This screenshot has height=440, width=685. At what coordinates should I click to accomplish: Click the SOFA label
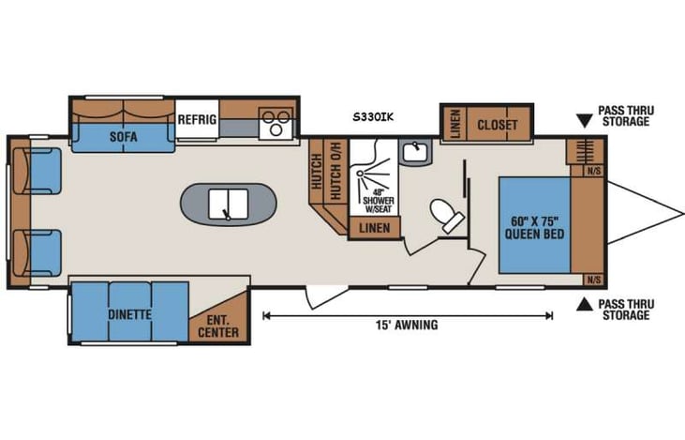[123, 137]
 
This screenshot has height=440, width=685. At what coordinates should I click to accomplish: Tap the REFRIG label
[198, 120]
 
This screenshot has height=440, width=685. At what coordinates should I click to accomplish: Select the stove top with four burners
[276, 123]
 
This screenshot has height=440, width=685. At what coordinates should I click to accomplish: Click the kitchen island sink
[227, 203]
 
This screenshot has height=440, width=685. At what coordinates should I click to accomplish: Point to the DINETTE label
[129, 314]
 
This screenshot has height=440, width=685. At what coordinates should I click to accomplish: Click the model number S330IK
[373, 116]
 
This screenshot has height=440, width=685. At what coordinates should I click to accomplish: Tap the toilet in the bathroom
[447, 216]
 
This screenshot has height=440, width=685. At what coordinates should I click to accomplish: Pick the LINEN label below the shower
[375, 228]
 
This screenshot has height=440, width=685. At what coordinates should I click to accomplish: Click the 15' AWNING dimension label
[404, 326]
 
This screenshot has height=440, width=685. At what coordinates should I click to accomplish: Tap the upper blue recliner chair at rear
[43, 171]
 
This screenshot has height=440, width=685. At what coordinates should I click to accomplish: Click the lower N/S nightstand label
[593, 280]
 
